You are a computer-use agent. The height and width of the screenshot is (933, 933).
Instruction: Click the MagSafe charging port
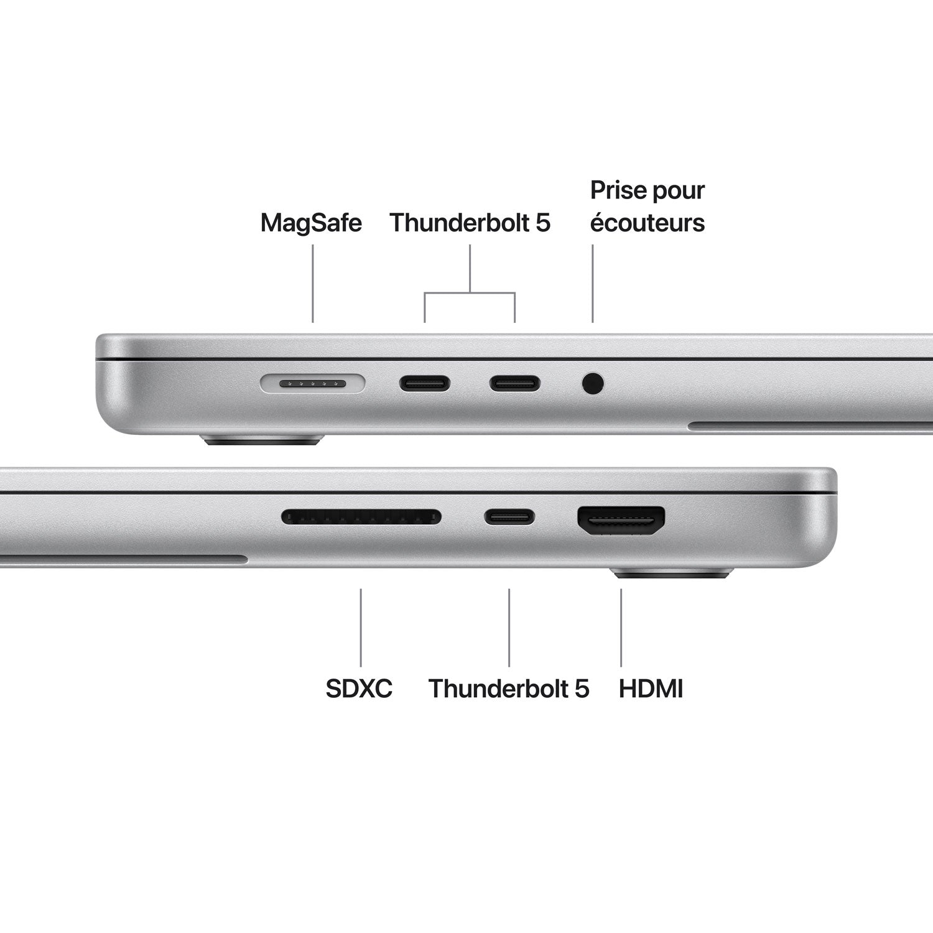[312, 384]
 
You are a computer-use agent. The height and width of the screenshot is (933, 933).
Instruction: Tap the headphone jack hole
[593, 383]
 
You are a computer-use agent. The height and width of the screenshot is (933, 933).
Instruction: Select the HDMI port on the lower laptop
[621, 520]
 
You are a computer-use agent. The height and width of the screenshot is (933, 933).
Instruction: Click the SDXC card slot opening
[361, 517]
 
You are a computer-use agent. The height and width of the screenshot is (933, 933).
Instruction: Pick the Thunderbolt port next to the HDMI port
[509, 517]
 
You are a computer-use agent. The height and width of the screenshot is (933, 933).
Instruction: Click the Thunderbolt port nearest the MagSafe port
[425, 383]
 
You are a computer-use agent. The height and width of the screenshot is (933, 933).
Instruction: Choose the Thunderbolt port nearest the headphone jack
[514, 383]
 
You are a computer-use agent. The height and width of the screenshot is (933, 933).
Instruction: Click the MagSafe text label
[311, 223]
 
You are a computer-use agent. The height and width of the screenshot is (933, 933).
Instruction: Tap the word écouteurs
[647, 223]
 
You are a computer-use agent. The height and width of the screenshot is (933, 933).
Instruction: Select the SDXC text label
[359, 689]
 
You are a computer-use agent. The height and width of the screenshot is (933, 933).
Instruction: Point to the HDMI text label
[651, 689]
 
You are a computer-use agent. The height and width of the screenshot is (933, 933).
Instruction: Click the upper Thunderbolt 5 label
[470, 223]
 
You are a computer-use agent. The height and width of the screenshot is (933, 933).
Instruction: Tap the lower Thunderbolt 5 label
[508, 689]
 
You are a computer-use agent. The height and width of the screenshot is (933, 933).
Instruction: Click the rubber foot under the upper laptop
[262, 440]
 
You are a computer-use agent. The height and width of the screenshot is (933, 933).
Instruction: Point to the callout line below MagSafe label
[312, 283]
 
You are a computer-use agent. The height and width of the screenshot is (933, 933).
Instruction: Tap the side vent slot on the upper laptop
[809, 427]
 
